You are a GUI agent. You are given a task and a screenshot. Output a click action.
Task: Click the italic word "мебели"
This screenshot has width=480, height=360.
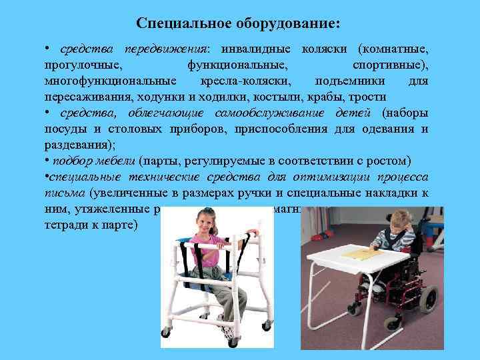click(x=115, y=160)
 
